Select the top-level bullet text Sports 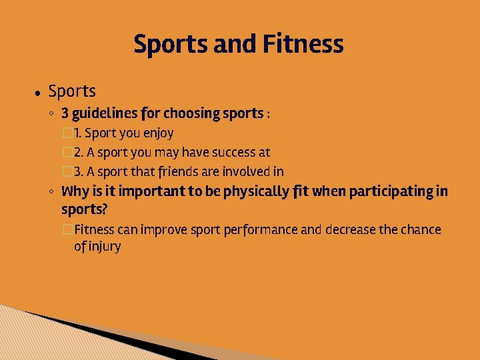[x=72, y=91]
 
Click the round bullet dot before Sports [x=38, y=93]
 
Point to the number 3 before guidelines [x=65, y=113]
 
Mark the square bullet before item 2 [x=67, y=153]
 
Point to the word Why [x=75, y=192]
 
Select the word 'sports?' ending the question [x=84, y=209]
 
